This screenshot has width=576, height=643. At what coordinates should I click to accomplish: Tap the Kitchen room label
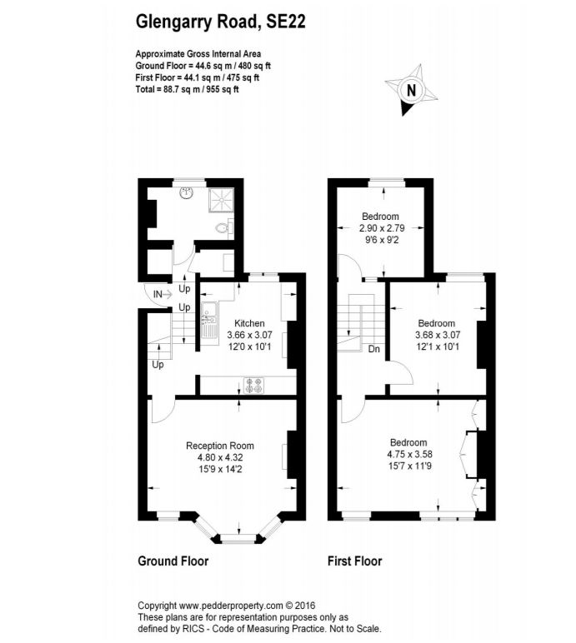[249, 323]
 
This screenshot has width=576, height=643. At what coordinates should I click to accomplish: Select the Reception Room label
[219, 445]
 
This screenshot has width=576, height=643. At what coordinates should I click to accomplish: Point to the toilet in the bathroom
[223, 227]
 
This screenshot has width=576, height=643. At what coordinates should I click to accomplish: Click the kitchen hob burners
[253, 385]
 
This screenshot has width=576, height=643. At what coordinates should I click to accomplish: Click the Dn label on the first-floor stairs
[374, 349]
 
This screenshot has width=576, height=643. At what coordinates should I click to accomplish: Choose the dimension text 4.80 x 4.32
[219, 456]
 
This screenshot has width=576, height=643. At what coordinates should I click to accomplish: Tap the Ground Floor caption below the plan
[173, 561]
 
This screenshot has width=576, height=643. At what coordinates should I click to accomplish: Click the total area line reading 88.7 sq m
[187, 89]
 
